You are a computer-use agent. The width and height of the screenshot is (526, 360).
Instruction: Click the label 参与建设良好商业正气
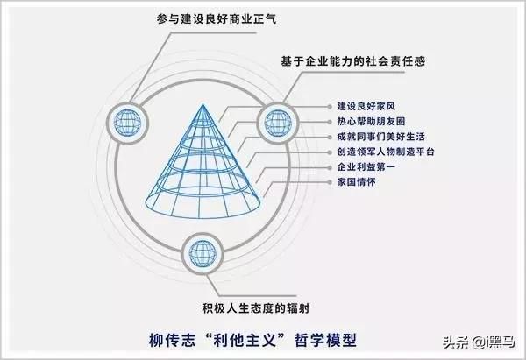click(x=217, y=18)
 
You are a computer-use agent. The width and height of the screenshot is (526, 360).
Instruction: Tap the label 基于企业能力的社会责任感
click(x=353, y=61)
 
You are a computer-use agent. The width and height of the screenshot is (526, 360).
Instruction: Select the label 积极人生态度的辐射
click(x=256, y=308)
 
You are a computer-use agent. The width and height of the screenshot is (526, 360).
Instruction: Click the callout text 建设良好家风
click(x=366, y=107)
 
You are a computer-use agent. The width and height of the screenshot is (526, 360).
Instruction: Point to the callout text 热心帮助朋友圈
click(x=371, y=122)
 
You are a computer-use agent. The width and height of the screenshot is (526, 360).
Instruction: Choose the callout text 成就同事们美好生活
click(x=381, y=137)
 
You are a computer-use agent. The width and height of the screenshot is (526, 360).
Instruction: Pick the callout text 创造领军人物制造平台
click(x=386, y=152)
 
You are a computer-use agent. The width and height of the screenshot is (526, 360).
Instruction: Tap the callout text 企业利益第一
click(x=366, y=167)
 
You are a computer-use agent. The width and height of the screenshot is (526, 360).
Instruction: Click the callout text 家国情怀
click(x=356, y=182)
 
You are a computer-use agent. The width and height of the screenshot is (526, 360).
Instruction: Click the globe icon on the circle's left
click(x=127, y=123)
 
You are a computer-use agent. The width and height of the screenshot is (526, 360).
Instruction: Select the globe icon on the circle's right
click(x=278, y=123)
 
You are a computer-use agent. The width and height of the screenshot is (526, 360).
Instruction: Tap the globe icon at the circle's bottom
click(x=203, y=254)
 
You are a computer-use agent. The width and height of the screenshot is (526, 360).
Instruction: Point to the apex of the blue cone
click(x=203, y=104)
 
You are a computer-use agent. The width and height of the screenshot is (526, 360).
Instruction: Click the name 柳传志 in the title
click(x=172, y=340)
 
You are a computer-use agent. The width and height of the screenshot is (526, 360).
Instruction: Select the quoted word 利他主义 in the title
click(x=245, y=340)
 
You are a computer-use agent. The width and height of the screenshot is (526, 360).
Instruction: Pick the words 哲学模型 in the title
click(x=325, y=340)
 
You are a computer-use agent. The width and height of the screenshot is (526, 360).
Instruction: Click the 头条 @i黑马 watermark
click(x=479, y=342)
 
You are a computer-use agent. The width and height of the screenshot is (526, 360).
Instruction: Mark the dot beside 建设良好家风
click(x=330, y=107)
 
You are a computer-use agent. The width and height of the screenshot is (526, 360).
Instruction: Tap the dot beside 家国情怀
click(x=330, y=182)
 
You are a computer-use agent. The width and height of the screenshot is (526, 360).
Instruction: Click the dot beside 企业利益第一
click(x=330, y=167)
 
